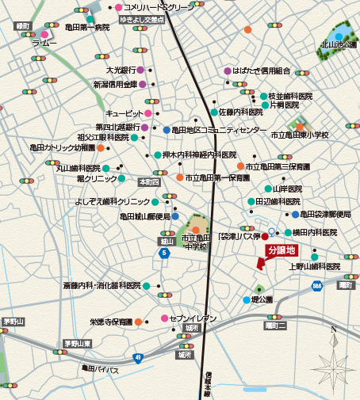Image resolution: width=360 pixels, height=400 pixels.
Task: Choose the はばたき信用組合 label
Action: point(262,70)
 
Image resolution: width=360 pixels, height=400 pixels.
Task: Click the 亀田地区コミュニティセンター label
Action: point(214,130)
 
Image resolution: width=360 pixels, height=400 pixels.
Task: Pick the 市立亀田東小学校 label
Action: point(301,135)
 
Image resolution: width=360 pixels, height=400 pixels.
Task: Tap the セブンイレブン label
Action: point(193,318)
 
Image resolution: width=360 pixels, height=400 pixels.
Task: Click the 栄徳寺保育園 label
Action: point(110,322)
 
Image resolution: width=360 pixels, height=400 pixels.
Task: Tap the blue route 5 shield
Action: point(163,253)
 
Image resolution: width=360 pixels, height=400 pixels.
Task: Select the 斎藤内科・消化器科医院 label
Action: point(101,285)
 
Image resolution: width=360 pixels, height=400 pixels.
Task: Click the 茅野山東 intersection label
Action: point(78,344)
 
